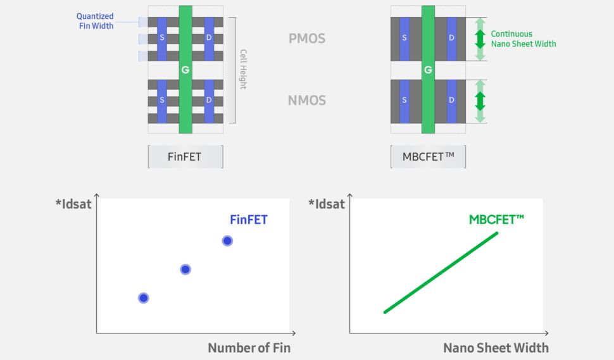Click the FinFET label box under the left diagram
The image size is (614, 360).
pos(185,156)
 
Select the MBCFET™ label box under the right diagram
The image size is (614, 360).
pos(428,156)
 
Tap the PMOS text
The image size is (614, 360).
pos(306,38)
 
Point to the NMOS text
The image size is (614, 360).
pos(306,100)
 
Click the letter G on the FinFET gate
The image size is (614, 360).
pos(185,70)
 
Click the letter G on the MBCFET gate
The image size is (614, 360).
pos(428,70)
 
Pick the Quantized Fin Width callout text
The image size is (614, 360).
pos(95,21)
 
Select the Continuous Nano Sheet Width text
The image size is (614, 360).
pos(523,39)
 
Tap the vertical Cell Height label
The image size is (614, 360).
pos(242,70)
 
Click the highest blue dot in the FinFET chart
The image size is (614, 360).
pos(227,240)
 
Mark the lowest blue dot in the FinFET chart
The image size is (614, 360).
pos(144,297)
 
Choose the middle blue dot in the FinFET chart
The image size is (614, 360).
pos(185,269)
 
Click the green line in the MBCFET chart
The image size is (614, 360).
pos(441,272)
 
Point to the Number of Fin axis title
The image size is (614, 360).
pos(249,347)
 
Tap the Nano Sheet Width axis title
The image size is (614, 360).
pos(496,347)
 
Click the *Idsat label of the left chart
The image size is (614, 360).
pos(73,204)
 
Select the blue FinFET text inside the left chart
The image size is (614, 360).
pos(248,220)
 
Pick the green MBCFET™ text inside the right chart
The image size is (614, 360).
pos(496,220)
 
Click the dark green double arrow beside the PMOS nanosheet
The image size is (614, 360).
pos(480,39)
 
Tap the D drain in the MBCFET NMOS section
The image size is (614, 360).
pos(451,100)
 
